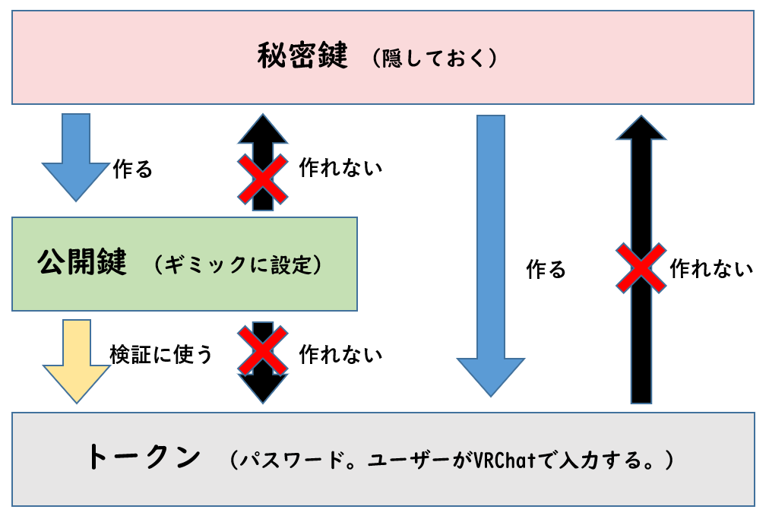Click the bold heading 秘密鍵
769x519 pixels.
click(302, 57)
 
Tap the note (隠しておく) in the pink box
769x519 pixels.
click(435, 59)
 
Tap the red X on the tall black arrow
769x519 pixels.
click(641, 267)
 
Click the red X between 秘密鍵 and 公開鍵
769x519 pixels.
click(263, 179)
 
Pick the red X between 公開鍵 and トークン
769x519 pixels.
click(263, 350)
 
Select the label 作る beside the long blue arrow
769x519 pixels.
click(546, 269)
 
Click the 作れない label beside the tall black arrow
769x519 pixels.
click(711, 268)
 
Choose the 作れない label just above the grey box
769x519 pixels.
click(340, 353)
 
